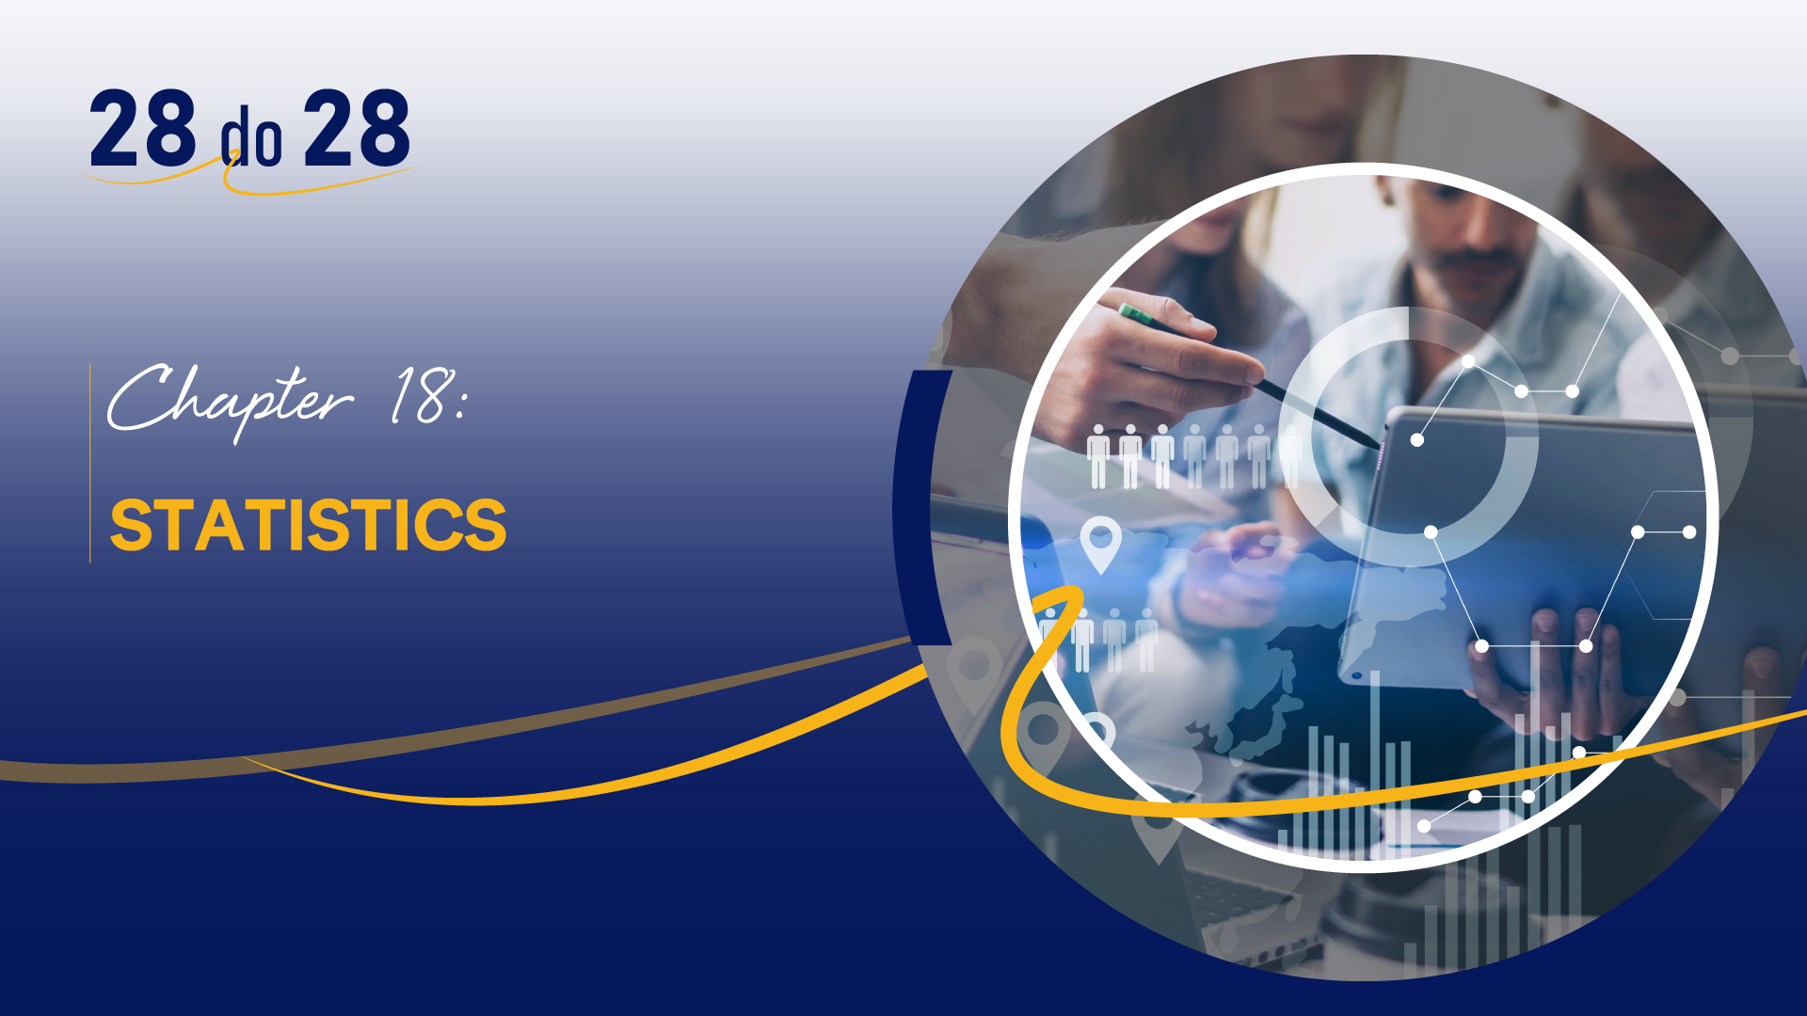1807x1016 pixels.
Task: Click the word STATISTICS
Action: tap(309, 524)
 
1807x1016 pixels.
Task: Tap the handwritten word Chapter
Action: tap(231, 400)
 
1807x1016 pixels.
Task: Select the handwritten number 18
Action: tap(422, 395)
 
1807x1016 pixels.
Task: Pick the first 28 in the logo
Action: tap(143, 129)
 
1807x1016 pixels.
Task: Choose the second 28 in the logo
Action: tap(357, 129)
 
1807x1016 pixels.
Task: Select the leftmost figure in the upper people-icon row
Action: tap(1097, 456)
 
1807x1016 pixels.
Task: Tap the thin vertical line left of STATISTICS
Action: tap(90, 463)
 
